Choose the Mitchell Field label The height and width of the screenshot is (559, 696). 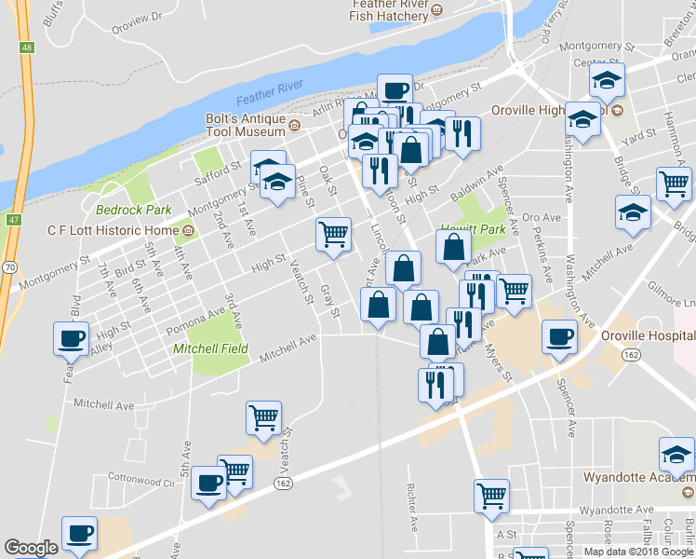coord(210,349)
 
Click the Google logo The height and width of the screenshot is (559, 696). coord(31,548)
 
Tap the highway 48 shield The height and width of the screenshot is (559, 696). coord(26,47)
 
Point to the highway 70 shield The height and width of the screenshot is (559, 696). coord(7,266)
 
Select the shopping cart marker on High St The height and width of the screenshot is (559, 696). coord(333,235)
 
